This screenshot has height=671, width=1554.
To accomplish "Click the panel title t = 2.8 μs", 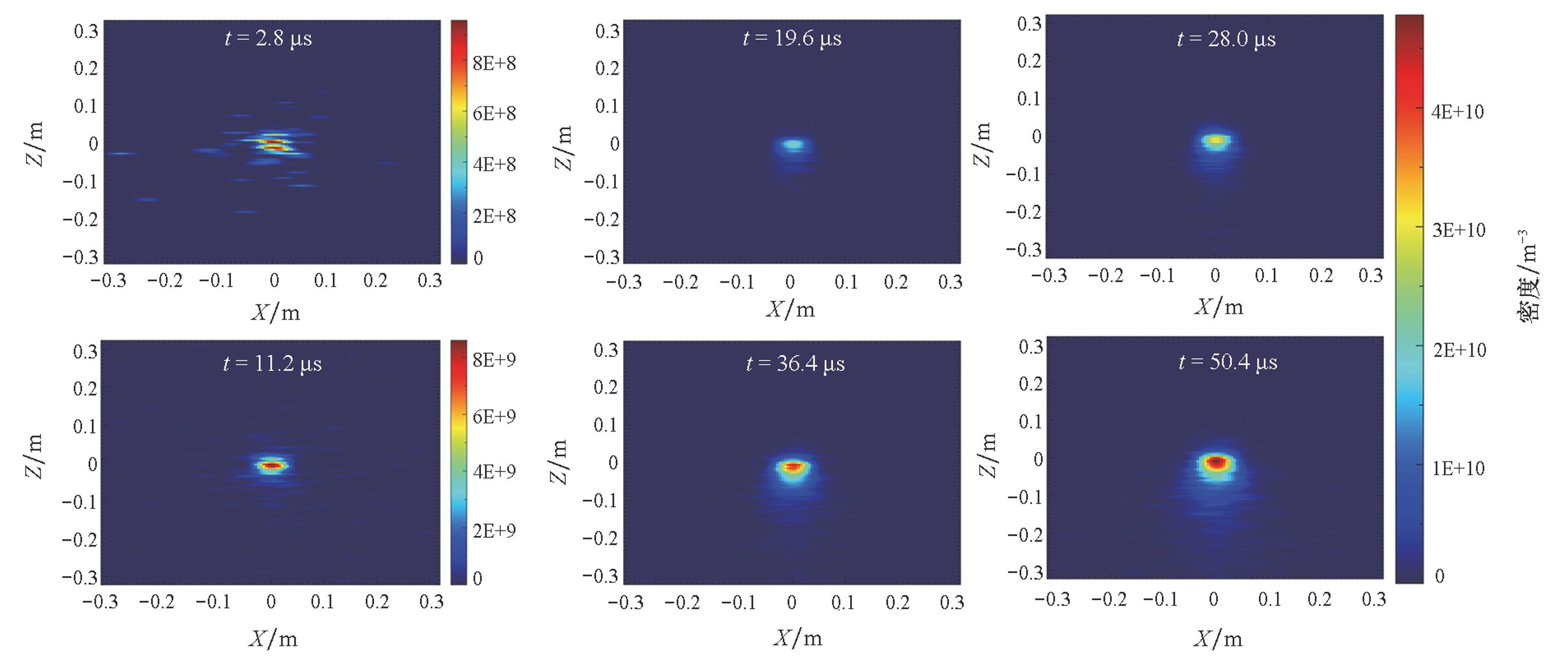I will click(x=268, y=39).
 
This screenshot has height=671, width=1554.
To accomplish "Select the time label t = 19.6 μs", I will click(x=792, y=39).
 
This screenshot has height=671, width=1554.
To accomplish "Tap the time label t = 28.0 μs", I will click(x=1226, y=40).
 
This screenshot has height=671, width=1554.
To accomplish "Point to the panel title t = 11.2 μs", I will click(x=272, y=364).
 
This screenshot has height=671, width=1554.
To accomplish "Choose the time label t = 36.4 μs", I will click(x=795, y=364).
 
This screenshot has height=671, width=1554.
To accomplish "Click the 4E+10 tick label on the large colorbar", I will click(x=1458, y=112).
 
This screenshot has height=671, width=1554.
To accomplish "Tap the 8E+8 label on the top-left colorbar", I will click(x=494, y=63).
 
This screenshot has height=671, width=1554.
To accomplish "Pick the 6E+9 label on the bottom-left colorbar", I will click(x=494, y=416).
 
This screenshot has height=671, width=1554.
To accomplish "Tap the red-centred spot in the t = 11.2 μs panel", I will click(x=272, y=465).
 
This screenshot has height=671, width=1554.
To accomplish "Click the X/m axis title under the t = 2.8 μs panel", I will click(x=275, y=312).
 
